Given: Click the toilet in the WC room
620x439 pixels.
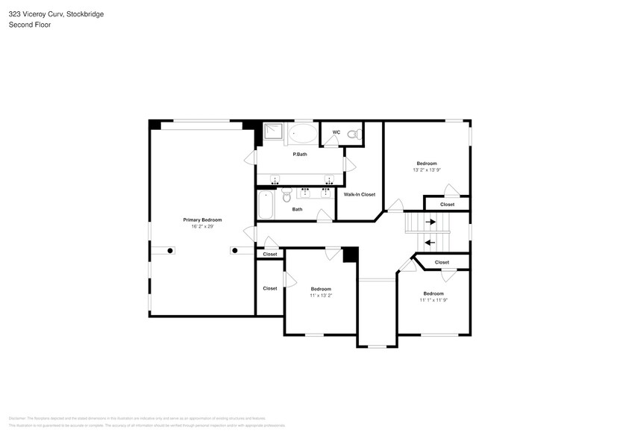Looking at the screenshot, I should tap(357, 134).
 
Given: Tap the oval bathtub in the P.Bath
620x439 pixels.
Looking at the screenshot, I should tap(303, 134).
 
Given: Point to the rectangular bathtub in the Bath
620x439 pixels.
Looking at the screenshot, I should tap(266, 203).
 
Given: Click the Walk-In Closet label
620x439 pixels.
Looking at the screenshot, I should tap(359, 194).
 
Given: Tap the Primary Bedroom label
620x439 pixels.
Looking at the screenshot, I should tap(202, 219).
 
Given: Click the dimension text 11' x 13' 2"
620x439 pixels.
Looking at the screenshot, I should tap(321, 296).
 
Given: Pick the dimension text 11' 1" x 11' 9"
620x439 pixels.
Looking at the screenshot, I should tap(433, 300).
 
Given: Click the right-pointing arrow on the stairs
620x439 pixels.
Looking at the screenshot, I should tap(431, 222).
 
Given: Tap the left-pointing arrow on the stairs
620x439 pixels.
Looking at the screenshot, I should tap(429, 242).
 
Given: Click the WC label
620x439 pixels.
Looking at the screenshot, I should tap(336, 132).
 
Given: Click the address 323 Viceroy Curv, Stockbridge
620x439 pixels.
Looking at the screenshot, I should tap(56, 13).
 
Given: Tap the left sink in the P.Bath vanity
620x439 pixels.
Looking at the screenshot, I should tap(275, 179).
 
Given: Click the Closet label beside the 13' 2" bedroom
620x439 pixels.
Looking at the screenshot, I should tap(447, 204).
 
